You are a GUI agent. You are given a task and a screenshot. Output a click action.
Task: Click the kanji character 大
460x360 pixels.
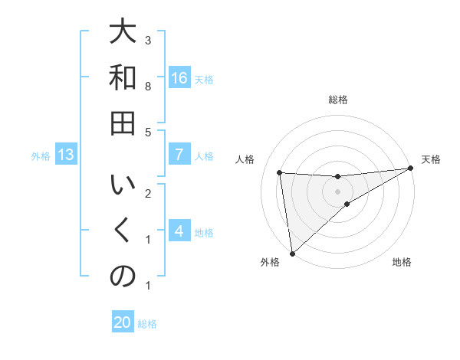click(123, 33)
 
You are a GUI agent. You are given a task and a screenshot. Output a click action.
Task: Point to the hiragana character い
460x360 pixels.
click(123, 186)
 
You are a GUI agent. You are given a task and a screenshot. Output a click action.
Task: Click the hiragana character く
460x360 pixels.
click(123, 231)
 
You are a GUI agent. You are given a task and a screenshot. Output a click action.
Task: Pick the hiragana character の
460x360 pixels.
click(123, 277)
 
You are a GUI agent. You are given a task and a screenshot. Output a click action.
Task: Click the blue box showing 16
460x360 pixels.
click(179, 78)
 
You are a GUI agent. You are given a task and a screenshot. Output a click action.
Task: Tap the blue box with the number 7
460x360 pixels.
click(179, 155)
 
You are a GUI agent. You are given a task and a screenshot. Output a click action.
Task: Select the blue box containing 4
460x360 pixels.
click(179, 231)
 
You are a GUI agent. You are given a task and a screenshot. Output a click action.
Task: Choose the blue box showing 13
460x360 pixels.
click(66, 155)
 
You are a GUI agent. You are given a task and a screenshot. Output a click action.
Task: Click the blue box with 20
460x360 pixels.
click(123, 322)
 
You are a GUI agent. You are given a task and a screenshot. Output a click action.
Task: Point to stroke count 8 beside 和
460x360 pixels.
click(148, 87)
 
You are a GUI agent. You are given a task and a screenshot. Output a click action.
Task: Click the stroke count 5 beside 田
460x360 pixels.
click(148, 132)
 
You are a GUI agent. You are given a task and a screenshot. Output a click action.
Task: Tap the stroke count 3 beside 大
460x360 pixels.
click(148, 40)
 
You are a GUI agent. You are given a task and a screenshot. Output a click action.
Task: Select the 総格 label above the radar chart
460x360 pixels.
click(337, 100)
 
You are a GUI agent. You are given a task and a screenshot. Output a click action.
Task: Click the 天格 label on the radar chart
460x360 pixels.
click(431, 159)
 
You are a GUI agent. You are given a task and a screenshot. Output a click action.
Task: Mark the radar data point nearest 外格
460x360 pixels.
click(291, 253)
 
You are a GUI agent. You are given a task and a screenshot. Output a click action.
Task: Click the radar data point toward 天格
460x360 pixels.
click(411, 169)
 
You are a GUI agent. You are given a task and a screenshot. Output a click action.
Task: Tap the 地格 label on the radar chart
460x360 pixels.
click(402, 262)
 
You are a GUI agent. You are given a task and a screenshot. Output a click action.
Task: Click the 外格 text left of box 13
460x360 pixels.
click(41, 156)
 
